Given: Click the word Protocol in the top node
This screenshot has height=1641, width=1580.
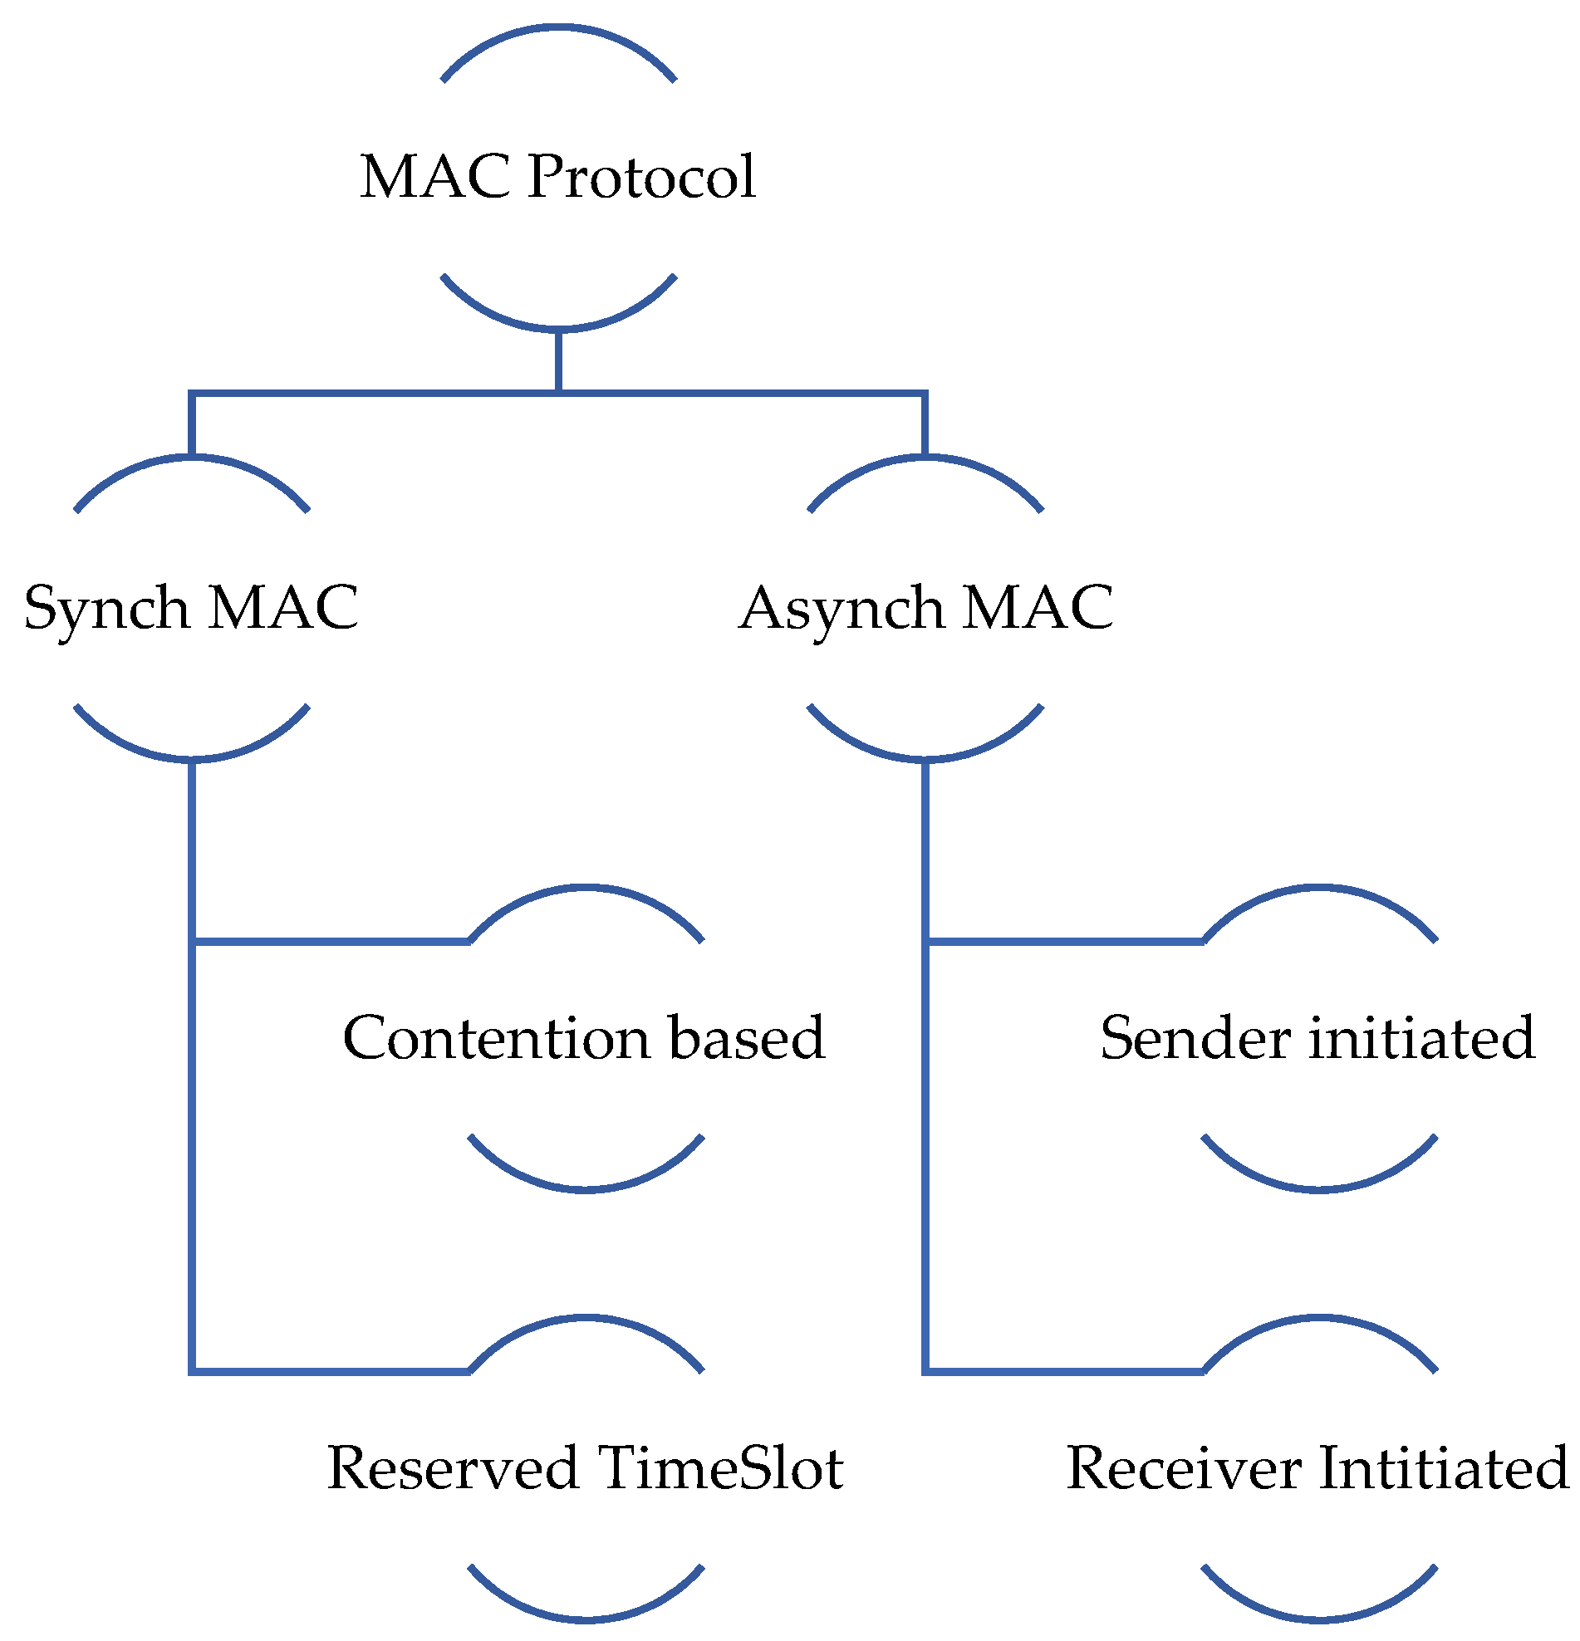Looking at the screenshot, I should click(641, 178).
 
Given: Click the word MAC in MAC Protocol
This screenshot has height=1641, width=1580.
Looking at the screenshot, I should click(435, 177).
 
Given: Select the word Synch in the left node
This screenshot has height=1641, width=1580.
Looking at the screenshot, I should click(107, 610).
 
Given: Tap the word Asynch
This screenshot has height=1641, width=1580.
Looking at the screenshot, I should click(841, 610).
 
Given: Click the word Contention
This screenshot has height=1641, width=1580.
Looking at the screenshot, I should click(497, 1039).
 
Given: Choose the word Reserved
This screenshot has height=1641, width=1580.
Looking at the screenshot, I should click(453, 1468).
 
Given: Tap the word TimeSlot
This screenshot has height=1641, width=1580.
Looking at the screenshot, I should click(720, 1468).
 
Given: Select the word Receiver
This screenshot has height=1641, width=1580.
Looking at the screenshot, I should click(1184, 1468).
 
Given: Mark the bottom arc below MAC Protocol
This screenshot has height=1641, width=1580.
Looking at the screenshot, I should click(558, 327).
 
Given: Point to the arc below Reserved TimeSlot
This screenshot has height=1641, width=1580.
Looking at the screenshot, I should click(586, 1618).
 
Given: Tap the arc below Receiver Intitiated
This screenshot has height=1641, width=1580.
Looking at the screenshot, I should click(1319, 1618).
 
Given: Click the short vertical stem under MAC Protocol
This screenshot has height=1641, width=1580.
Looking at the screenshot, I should click(558, 361).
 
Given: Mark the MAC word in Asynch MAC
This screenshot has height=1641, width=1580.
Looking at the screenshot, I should click(1038, 608).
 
